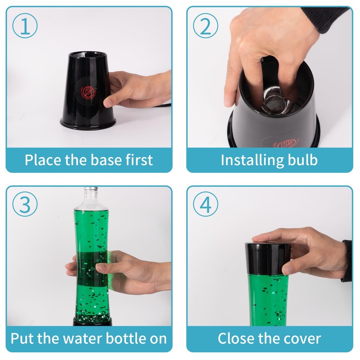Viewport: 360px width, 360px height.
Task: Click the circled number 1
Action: pos(25,26)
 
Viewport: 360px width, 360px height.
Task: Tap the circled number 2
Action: pos(206,26)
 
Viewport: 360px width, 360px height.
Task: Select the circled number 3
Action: pos(25,204)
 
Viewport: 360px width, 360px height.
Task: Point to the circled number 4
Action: pos(206,204)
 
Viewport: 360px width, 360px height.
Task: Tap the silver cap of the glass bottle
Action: pos(91,189)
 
